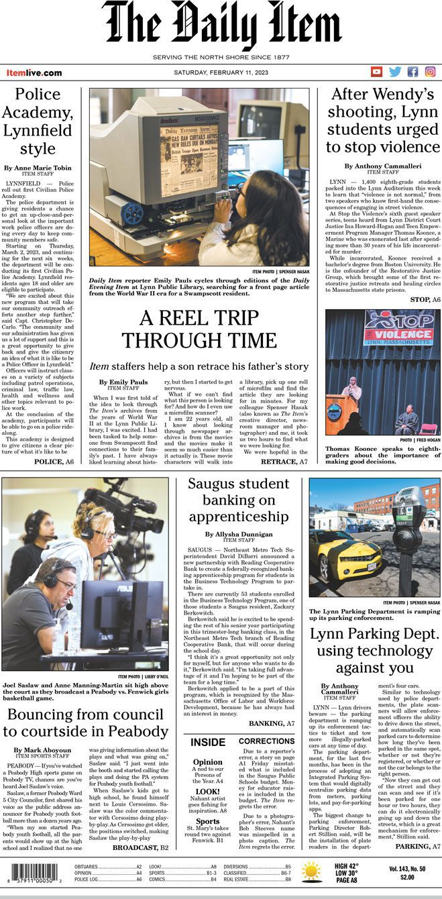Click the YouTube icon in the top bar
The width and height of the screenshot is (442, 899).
pyautogui.click(x=377, y=72)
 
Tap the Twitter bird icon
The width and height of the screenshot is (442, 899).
pyautogui.click(x=395, y=72)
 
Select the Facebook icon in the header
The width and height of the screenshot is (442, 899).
pyautogui.click(x=413, y=72)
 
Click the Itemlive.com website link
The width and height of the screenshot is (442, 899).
pyautogui.click(x=34, y=72)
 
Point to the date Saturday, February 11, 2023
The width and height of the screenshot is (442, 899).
pyautogui.click(x=221, y=72)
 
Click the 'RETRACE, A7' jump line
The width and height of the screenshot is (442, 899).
pyautogui.click(x=284, y=462)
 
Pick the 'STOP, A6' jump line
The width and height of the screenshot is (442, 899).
pyautogui.click(x=420, y=299)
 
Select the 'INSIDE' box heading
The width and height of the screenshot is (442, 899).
pyautogui.click(x=207, y=742)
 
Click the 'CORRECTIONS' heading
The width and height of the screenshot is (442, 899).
pyautogui.click(x=266, y=741)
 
